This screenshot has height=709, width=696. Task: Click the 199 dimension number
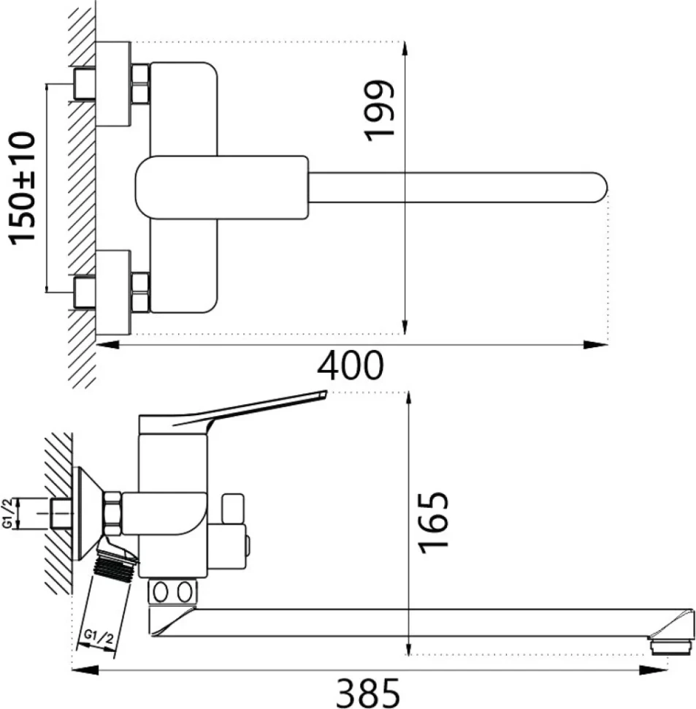(378, 111)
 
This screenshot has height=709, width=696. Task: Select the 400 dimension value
(351, 365)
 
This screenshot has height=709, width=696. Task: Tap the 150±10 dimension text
(22, 188)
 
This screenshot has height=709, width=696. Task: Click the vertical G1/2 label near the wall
(7, 513)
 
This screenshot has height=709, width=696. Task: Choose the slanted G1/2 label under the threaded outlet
(98, 637)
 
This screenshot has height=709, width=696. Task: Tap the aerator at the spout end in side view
(671, 645)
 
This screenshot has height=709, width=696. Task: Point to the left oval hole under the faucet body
(161, 592)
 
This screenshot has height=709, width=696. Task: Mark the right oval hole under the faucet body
(184, 592)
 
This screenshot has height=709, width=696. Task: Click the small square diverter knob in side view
(232, 508)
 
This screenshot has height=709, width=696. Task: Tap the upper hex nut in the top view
(140, 83)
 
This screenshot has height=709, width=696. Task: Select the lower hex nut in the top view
(140, 292)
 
